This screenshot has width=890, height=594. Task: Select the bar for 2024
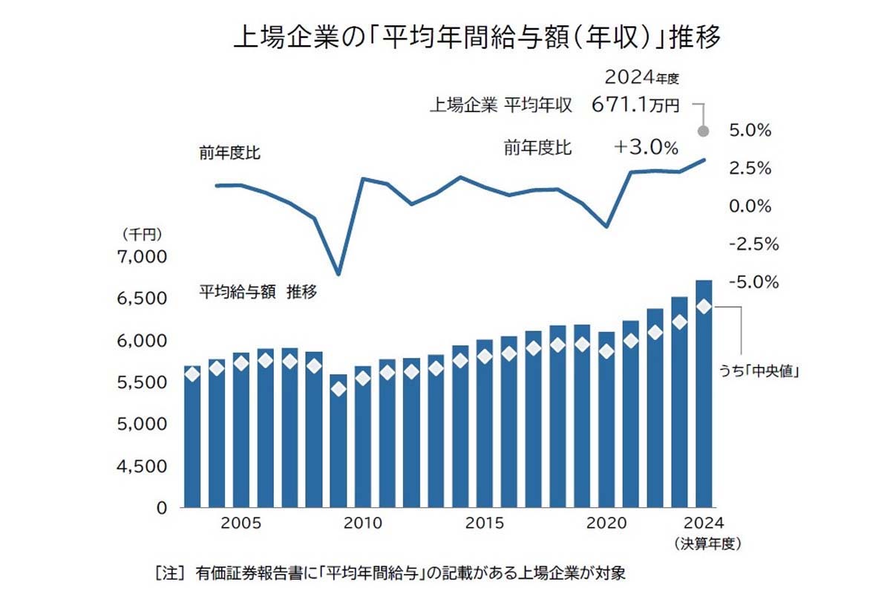[703, 394]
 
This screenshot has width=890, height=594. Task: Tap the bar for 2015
[484, 423]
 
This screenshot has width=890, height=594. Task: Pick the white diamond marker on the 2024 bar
[703, 307]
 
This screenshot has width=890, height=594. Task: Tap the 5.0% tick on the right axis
[750, 131]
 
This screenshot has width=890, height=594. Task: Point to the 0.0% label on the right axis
[750, 206]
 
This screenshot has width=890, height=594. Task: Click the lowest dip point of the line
[338, 275]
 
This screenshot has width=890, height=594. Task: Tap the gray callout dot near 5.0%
[704, 131]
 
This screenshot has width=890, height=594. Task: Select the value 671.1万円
[635, 105]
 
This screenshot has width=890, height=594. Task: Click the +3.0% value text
[646, 148]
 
